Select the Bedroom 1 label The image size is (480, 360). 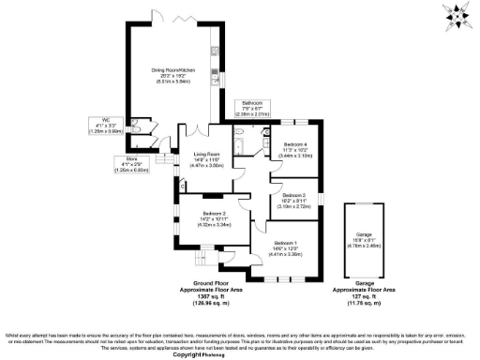(x=284, y=244)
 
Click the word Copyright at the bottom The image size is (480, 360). (x=217, y=355)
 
